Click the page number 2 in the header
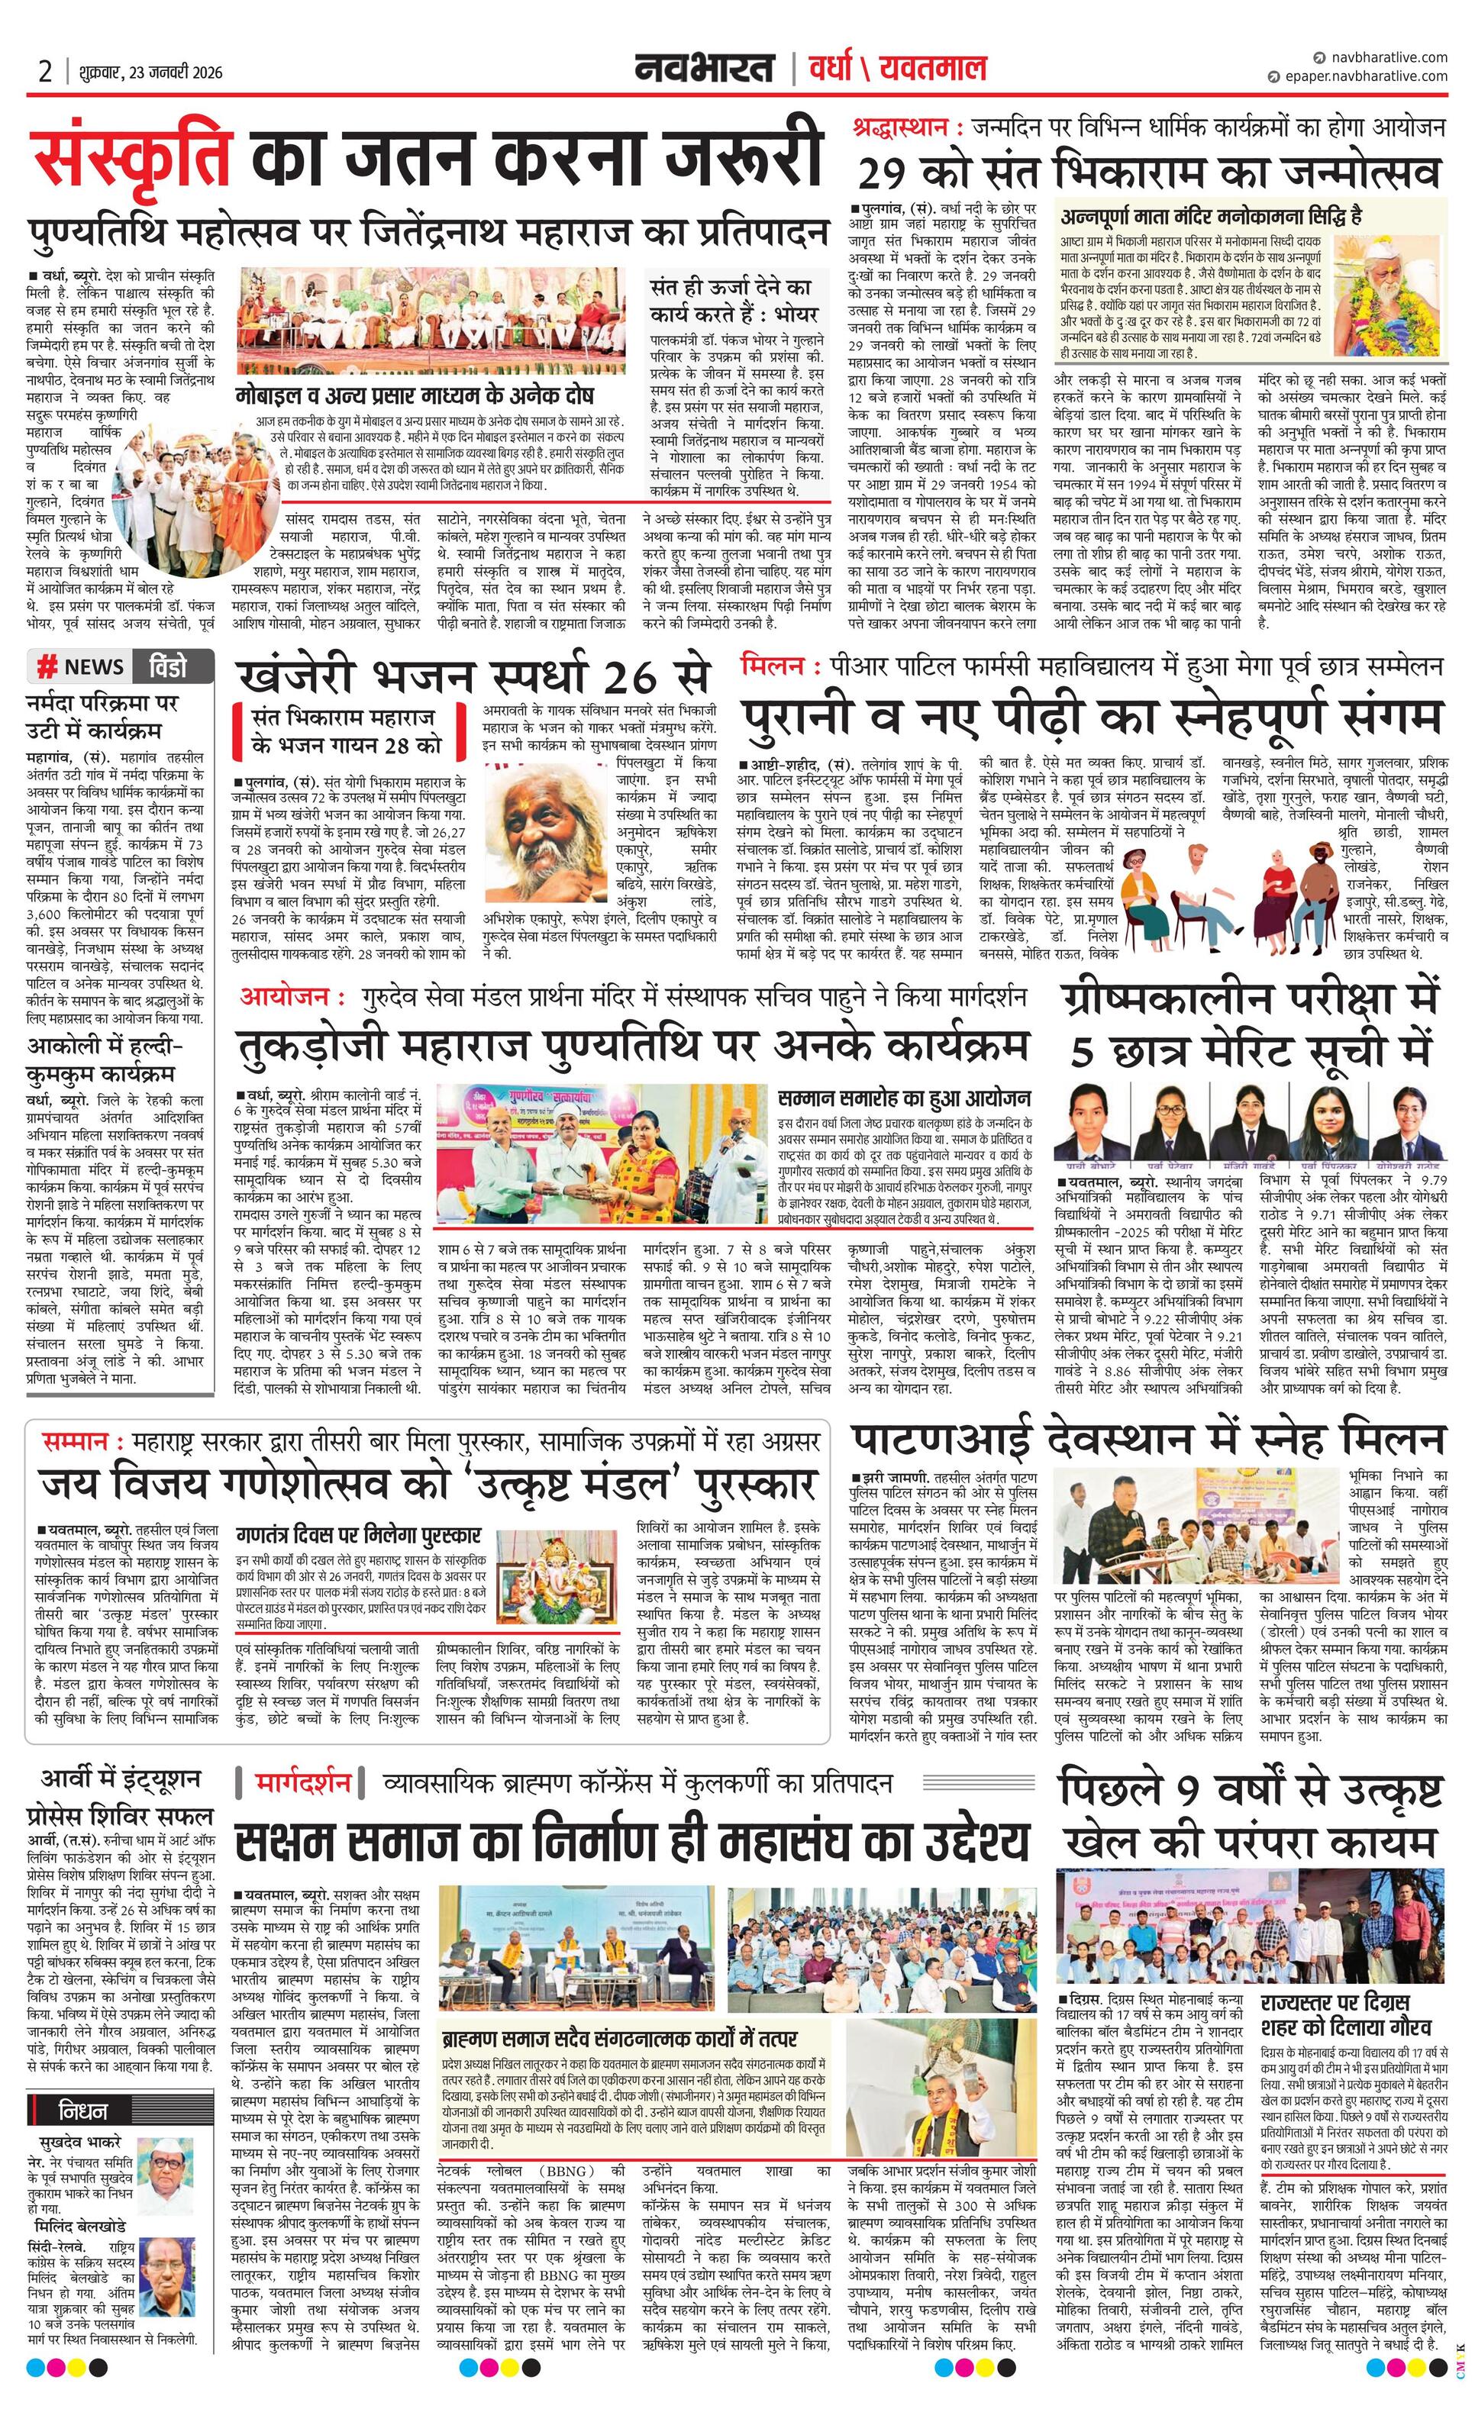[45, 72]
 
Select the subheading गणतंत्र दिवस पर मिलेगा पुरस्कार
[358, 1533]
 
